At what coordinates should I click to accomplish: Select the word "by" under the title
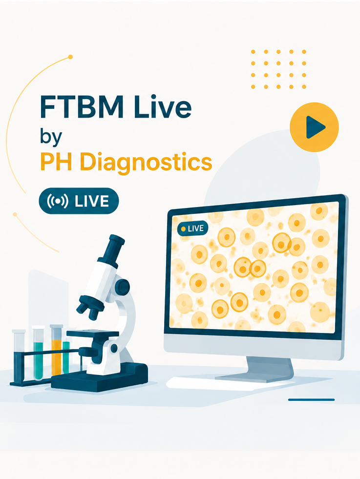pos(51,137)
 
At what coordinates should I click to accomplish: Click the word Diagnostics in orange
pos(146,162)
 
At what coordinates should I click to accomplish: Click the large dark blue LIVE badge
pos(79,201)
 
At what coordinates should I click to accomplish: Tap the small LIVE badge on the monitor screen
pos(192,229)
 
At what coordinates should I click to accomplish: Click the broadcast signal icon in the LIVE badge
pos(58,201)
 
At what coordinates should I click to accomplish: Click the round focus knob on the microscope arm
pos(123,287)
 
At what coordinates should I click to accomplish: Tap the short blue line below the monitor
pos(312,399)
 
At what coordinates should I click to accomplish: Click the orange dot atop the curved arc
pos(71,57)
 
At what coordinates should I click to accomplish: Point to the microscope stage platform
pos(93,334)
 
